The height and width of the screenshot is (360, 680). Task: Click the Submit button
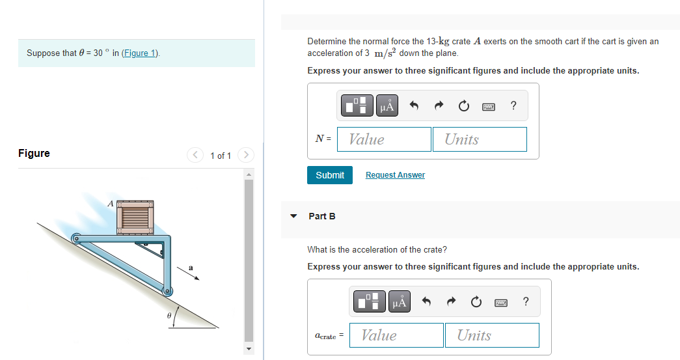pos(330,175)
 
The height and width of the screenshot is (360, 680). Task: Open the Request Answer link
pos(395,175)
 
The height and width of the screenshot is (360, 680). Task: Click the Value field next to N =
pos(384,139)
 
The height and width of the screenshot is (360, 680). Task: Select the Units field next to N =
pos(480,139)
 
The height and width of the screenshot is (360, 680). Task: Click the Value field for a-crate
pos(396,335)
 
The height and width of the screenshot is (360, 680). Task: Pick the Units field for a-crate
pos(492,335)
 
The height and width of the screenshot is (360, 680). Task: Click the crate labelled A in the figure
pos(137,216)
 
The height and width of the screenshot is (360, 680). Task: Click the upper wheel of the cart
pos(75,240)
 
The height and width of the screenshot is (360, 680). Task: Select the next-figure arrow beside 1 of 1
pos(245,155)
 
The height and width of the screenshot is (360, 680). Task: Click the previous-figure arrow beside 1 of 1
pos(195,155)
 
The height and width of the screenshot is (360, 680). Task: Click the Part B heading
pos(322,216)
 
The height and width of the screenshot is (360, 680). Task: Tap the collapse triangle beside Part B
pos(293,216)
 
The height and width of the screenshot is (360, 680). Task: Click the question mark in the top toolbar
pos(513,106)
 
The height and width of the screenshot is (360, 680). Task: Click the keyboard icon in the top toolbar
pos(489,106)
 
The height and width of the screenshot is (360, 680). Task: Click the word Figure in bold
pos(34,154)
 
